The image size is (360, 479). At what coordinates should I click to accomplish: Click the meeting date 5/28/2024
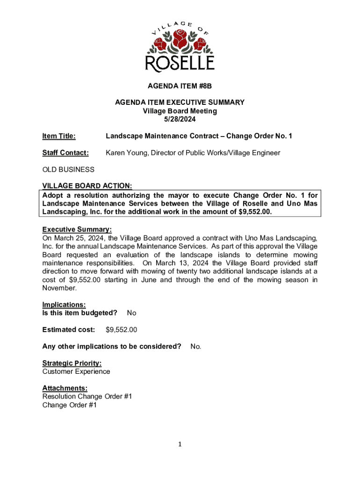coord(180,119)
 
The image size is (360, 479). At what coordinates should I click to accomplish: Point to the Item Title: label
coord(59,136)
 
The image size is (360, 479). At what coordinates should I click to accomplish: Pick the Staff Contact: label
coord(65,153)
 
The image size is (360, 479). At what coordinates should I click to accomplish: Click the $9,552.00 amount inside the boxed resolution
coord(253,212)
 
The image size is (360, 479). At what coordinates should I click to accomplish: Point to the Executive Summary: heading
coord(77,230)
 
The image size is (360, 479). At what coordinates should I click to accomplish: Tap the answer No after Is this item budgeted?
coord(131,313)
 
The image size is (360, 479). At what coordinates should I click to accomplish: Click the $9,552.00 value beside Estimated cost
coord(122,330)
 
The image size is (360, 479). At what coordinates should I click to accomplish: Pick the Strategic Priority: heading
coord(72,363)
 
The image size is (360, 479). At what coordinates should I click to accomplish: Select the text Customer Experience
coord(76,371)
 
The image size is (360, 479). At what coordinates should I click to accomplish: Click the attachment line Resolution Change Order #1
coord(87,397)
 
